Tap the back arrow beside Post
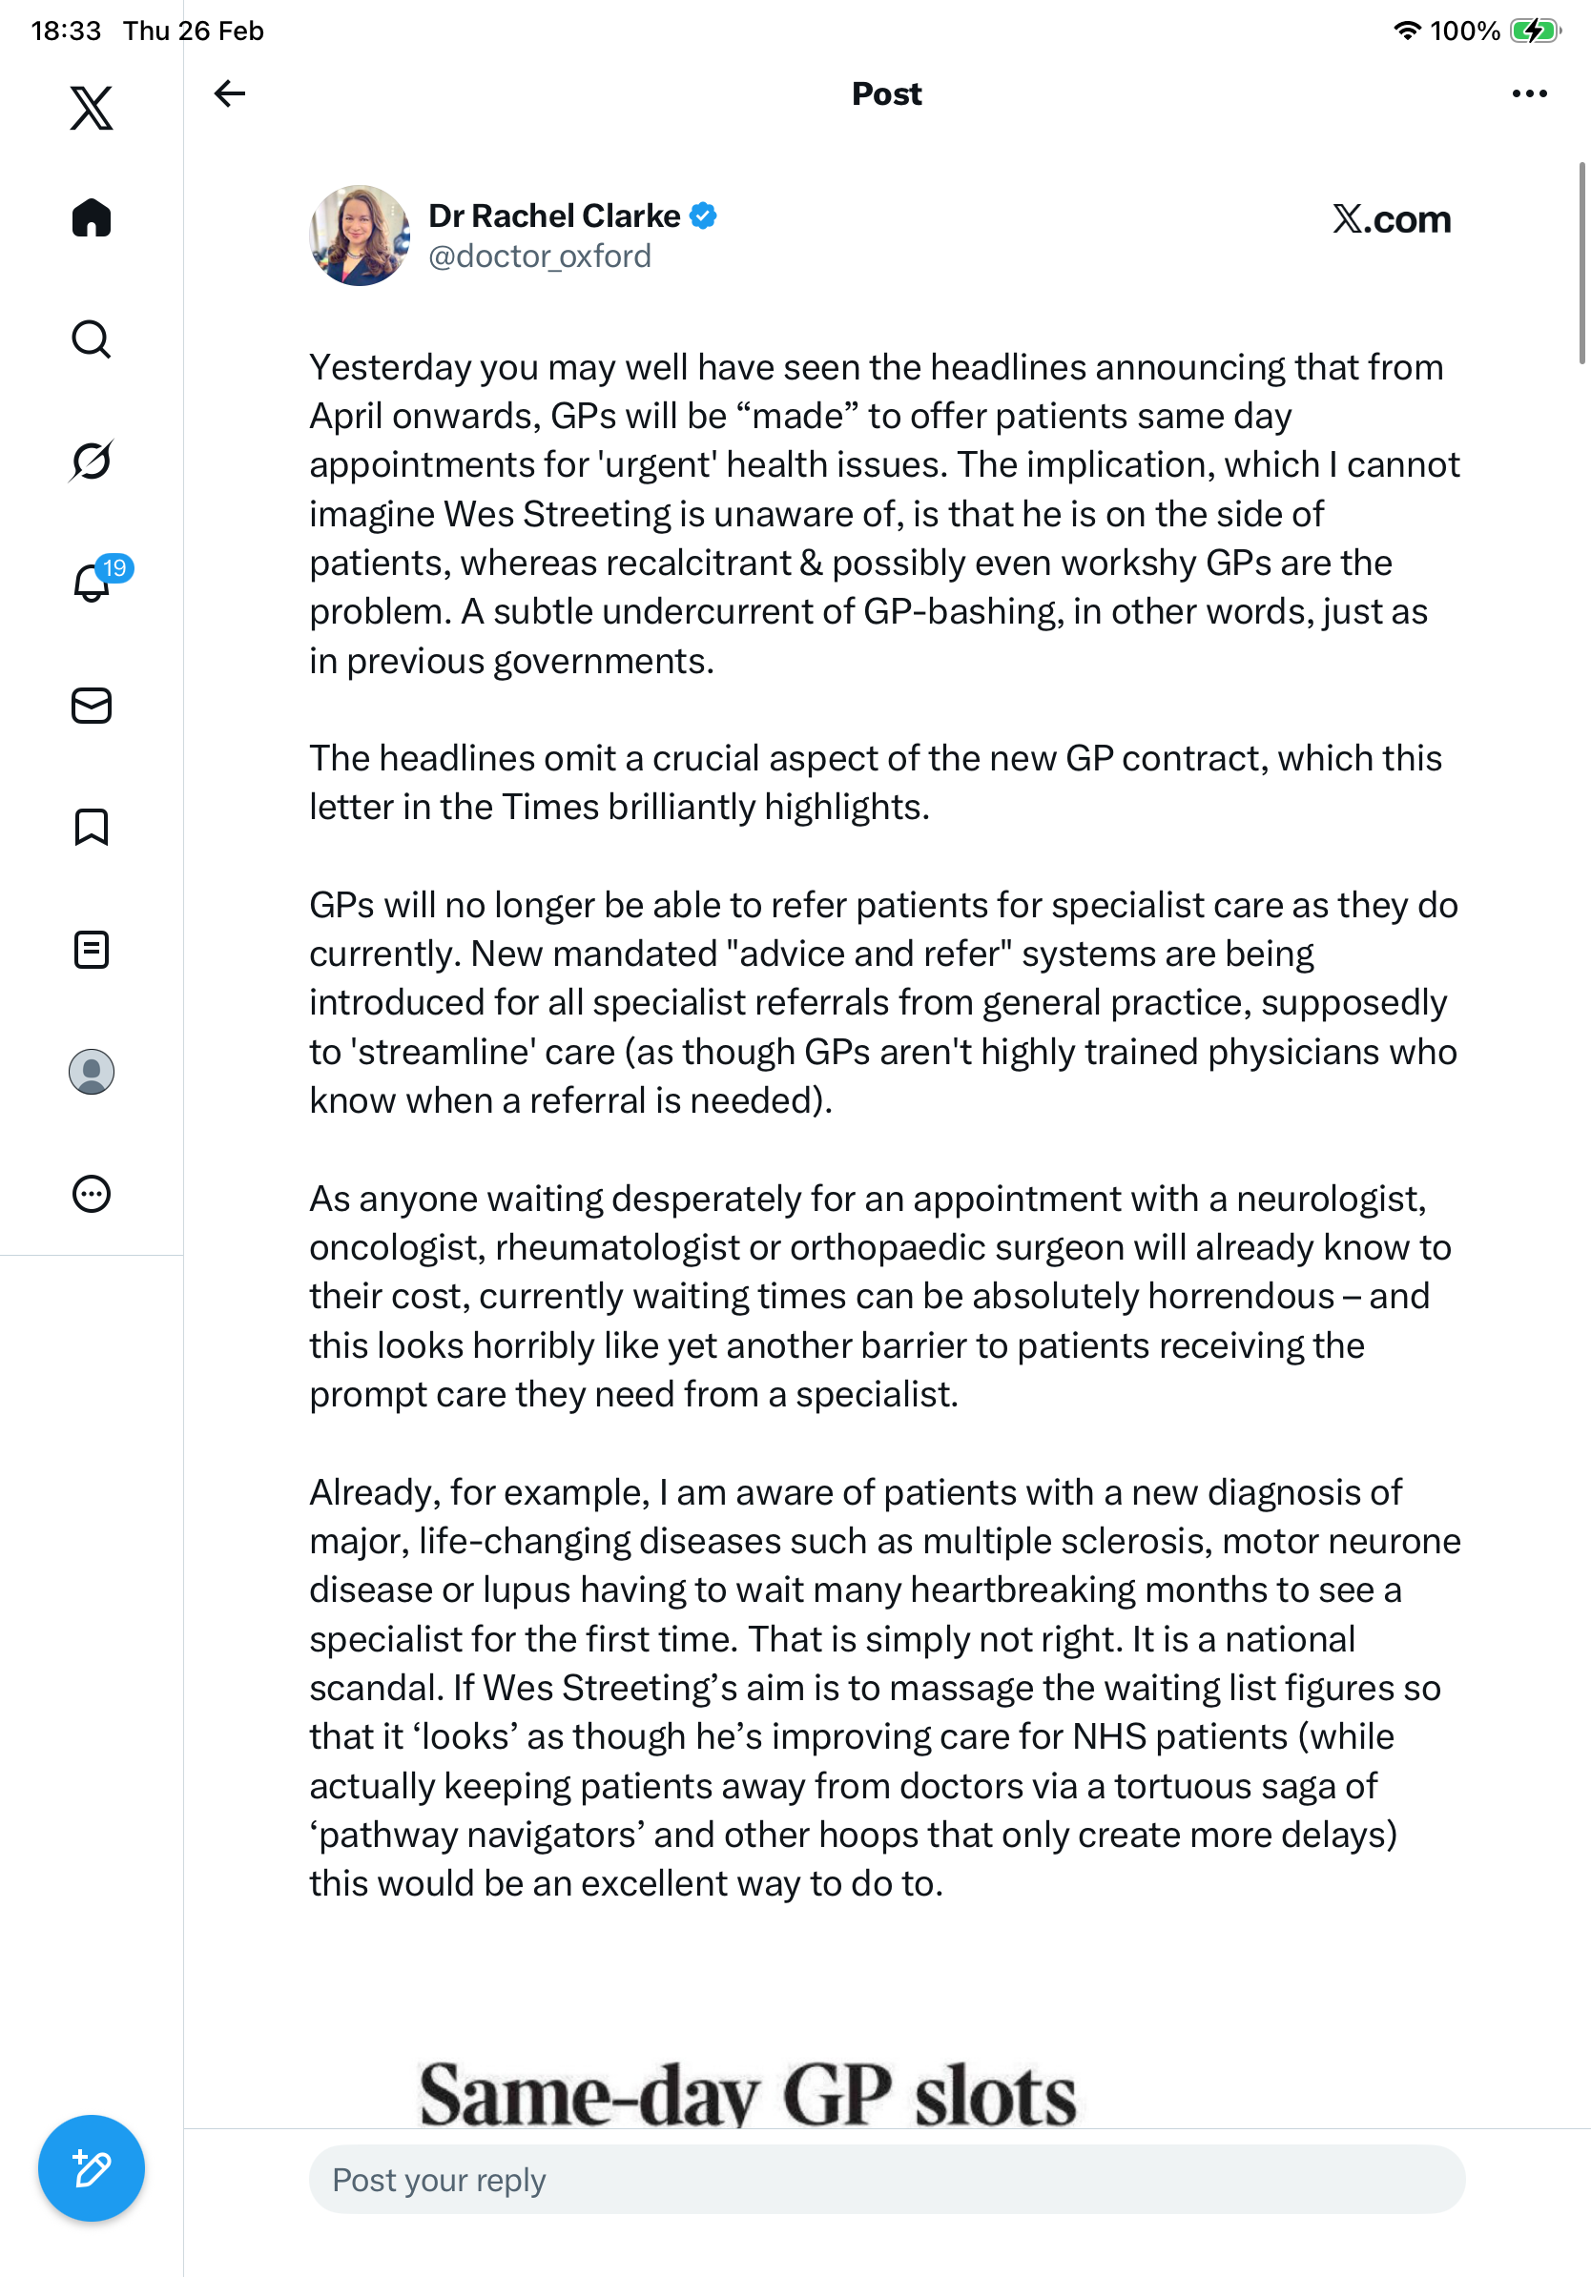click(229, 93)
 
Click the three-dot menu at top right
click(1528, 93)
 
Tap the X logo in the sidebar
click(92, 108)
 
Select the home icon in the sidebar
click(92, 217)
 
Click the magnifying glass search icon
click(92, 339)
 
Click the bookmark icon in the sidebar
click(92, 827)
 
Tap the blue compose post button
click(92, 2168)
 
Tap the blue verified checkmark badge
click(703, 215)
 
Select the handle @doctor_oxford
click(540, 256)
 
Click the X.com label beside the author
click(1391, 219)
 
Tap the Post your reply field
click(886, 2180)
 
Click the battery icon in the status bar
click(1534, 31)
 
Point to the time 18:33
click(66, 31)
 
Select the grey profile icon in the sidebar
click(92, 1072)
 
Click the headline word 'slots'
click(995, 2095)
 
